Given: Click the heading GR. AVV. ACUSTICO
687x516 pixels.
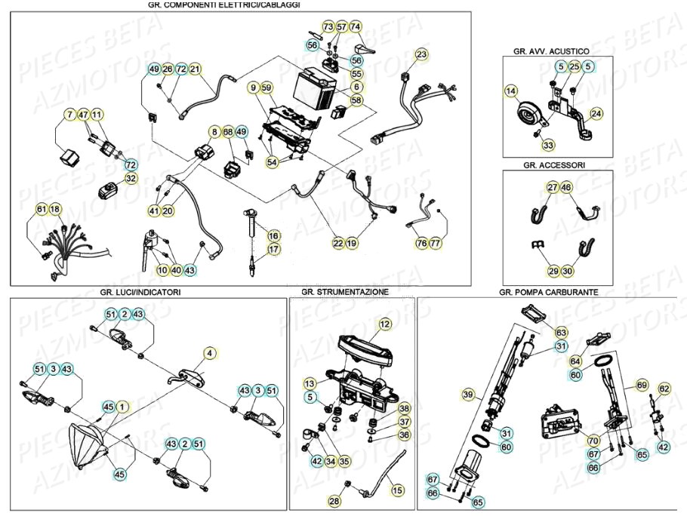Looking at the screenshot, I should tap(550, 51).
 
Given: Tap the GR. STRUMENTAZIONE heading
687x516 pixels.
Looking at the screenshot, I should tap(344, 291).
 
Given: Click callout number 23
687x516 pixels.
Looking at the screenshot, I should tap(421, 54).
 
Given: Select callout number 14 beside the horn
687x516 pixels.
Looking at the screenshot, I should tap(512, 91).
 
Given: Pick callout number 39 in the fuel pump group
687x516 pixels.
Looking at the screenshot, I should tap(468, 395).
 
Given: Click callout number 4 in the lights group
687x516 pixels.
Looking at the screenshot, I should tap(210, 352).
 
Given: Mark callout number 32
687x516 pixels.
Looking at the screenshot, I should tap(131, 179).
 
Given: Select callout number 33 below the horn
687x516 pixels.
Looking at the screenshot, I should tap(547, 145).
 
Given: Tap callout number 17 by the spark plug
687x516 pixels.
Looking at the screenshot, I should tap(273, 249).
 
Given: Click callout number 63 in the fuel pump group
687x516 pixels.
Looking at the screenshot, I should tap(561, 333).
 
